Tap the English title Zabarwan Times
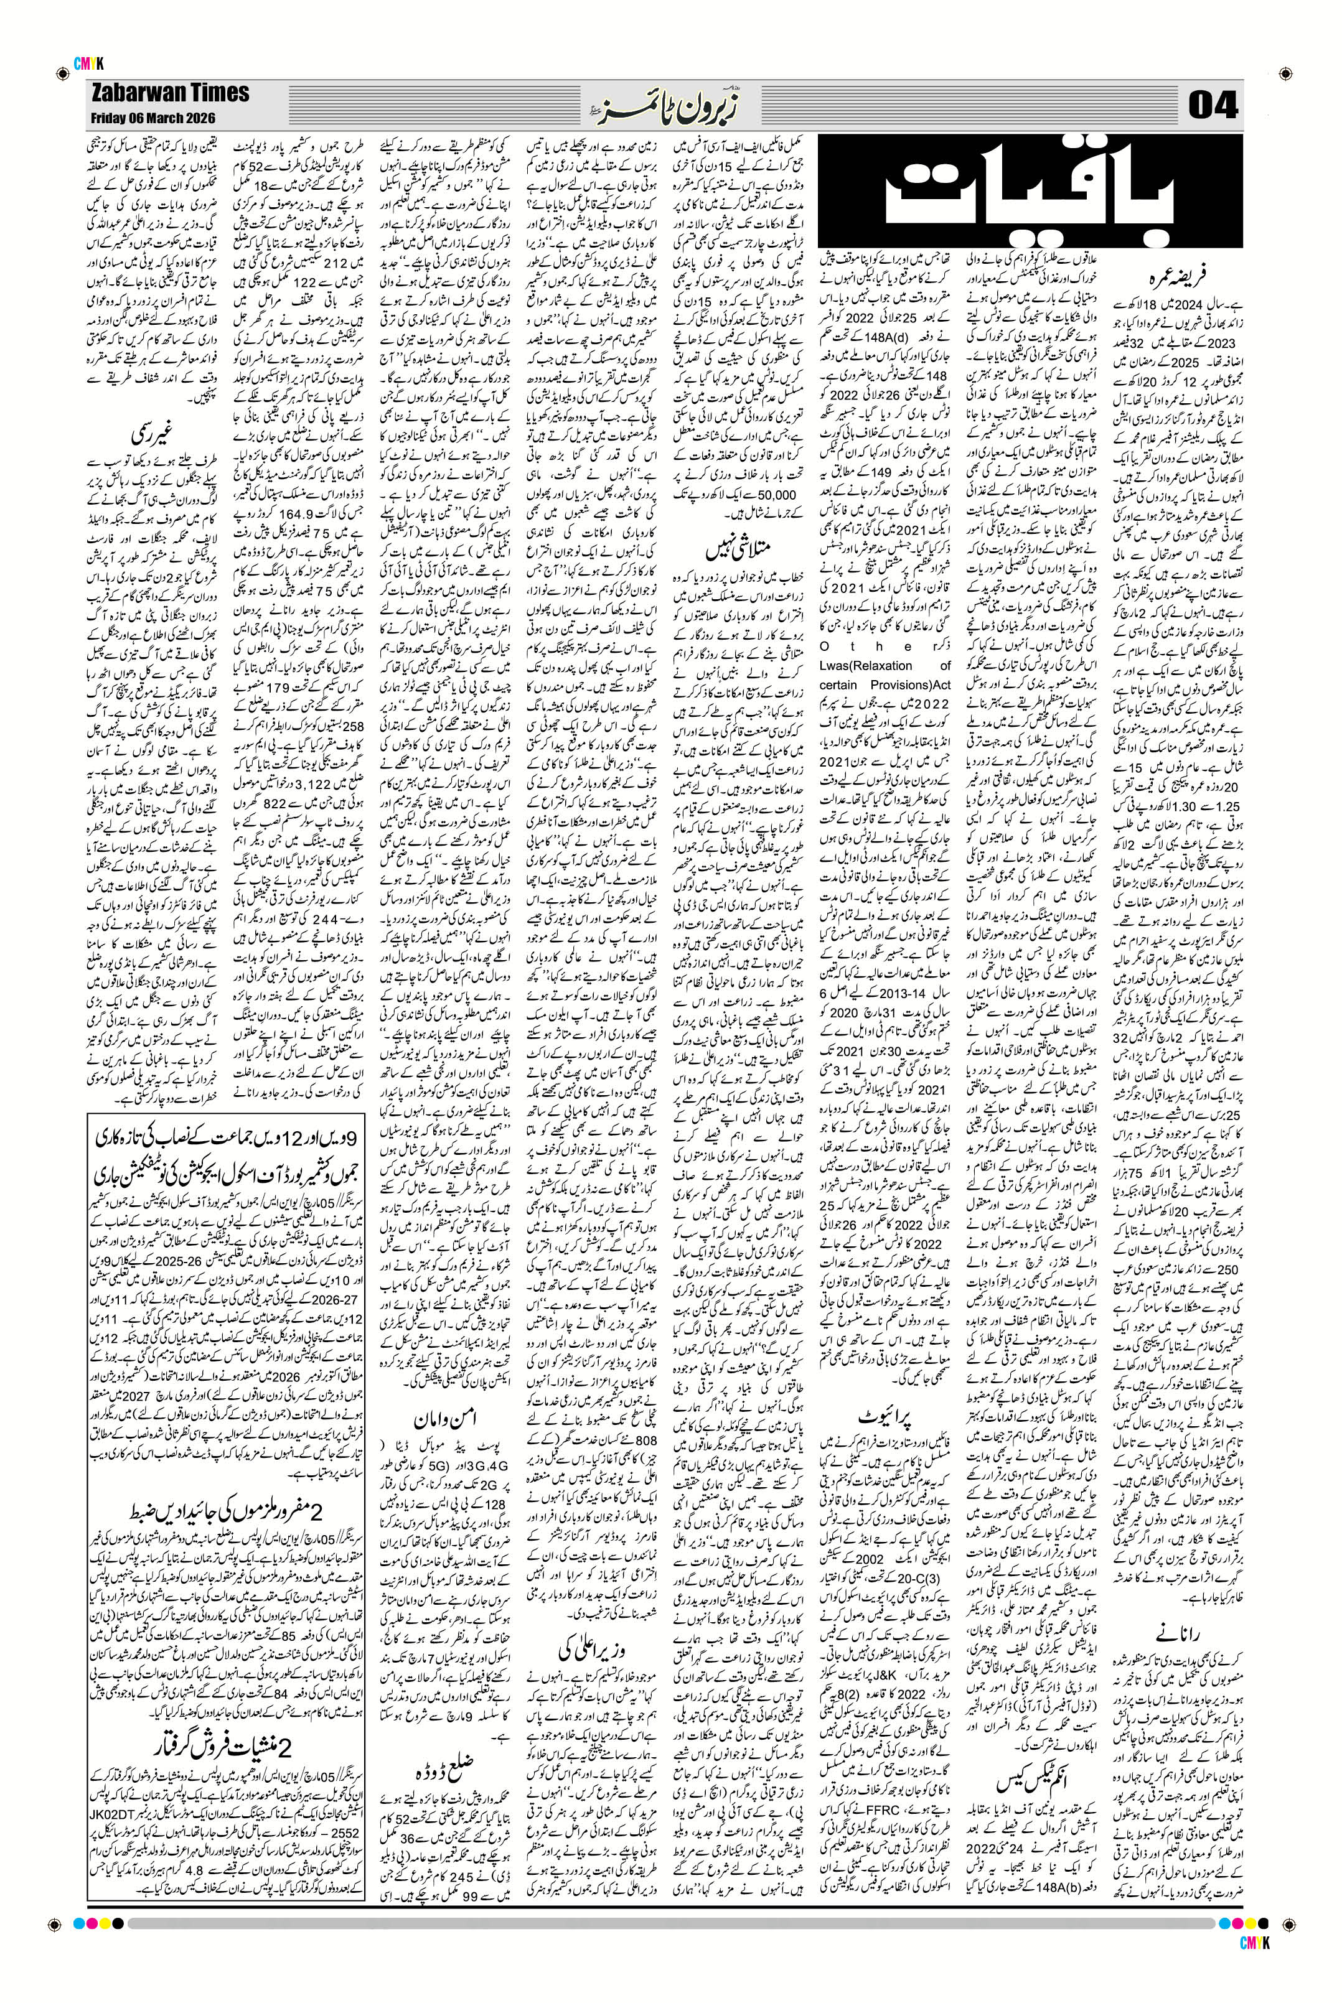[169, 93]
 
